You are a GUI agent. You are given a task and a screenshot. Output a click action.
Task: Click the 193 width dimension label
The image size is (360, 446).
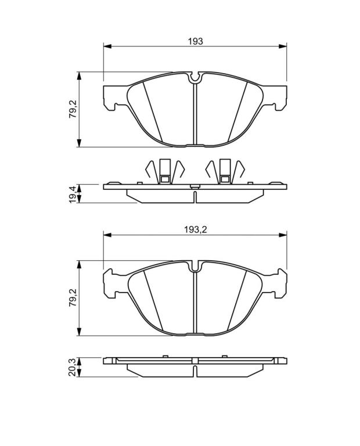195,41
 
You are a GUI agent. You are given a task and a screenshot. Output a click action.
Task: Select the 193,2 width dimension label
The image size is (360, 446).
195,230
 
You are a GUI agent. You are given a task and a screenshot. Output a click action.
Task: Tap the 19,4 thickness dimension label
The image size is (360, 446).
73,194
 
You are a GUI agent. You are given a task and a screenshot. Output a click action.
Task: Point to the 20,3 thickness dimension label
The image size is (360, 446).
73,368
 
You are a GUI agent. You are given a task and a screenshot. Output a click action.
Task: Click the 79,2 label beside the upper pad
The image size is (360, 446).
73,109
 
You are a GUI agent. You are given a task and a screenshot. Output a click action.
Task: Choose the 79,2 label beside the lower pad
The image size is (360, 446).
73,298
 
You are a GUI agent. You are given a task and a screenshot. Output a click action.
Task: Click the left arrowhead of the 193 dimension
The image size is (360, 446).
107,46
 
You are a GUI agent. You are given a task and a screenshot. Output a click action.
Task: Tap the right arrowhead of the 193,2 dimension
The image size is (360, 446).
283,235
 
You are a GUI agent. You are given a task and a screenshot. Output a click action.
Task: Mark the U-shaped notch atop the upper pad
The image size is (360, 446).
195,78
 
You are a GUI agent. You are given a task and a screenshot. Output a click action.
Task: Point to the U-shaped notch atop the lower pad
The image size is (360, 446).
195,266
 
